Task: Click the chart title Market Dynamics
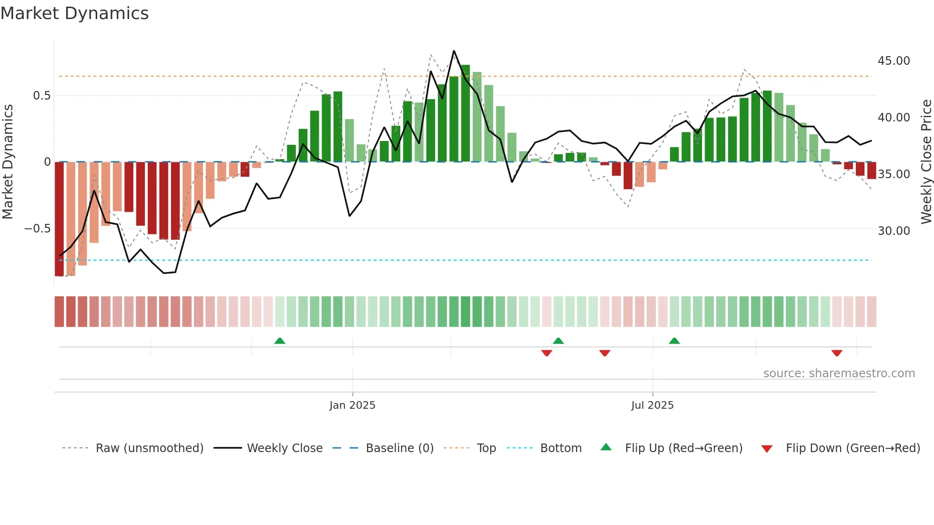coord(74,13)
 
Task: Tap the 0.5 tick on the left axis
coord(41,96)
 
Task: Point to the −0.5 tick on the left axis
coord(37,229)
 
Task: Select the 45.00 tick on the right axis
coord(893,61)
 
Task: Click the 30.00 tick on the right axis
coord(893,231)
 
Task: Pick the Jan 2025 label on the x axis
coord(352,405)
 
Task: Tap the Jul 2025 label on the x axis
coord(652,405)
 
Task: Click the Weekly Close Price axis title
coord(926,162)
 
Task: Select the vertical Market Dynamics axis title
coord(8,162)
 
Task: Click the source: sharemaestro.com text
coord(839,374)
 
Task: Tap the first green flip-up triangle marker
coord(280,341)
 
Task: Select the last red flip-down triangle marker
coord(837,353)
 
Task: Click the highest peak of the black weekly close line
coord(454,51)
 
